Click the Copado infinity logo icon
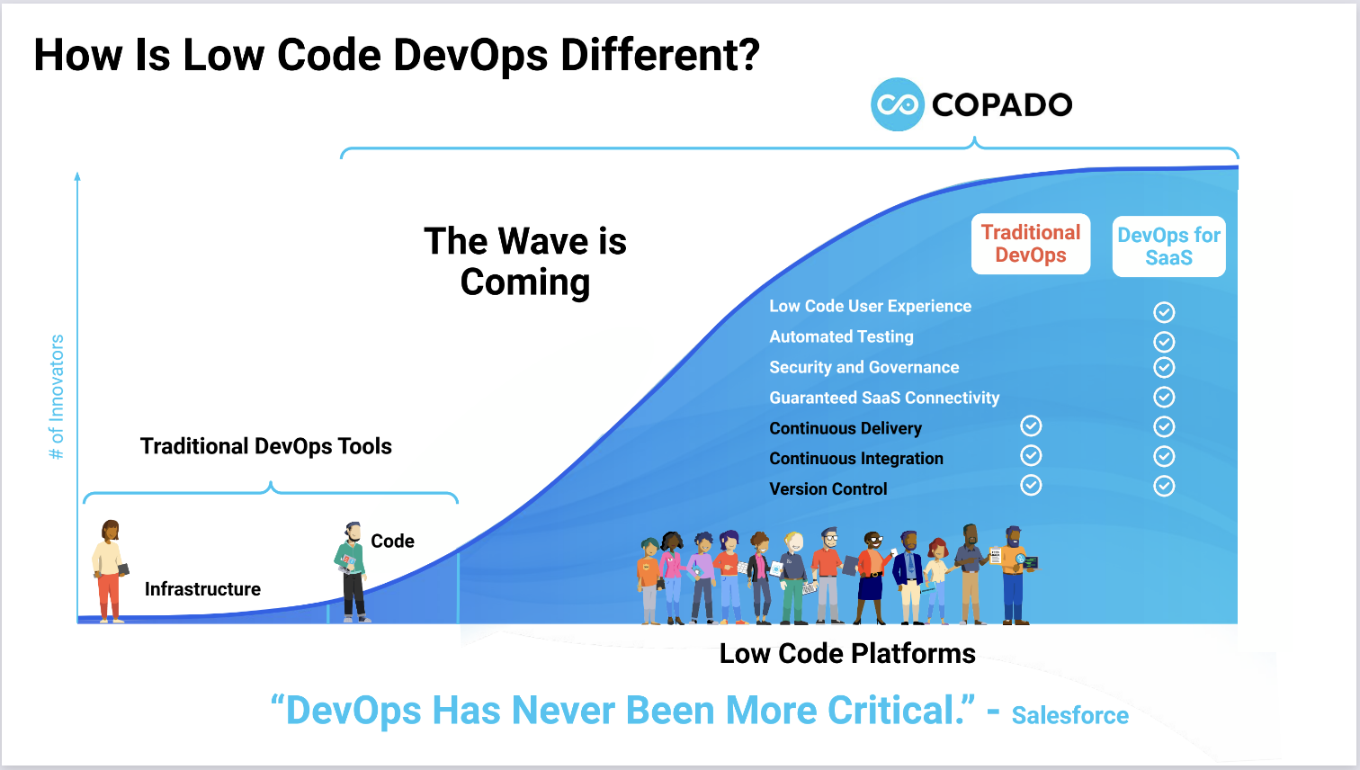coord(897,104)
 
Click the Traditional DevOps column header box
coord(1031,244)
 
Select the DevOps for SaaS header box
coord(1168,246)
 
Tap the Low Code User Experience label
coord(870,306)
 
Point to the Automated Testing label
coord(841,336)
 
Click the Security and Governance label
coord(863,367)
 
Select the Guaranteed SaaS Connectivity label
coord(884,398)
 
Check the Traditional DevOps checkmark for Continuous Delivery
coord(1031,425)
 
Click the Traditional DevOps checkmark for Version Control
coord(1031,486)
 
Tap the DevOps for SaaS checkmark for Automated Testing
coord(1164,342)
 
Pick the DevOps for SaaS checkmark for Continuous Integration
coord(1164,456)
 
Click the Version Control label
coord(828,489)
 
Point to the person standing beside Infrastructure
coord(109,571)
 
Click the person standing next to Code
coord(353,572)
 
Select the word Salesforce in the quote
coord(1069,715)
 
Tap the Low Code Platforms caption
coord(847,653)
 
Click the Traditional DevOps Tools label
coord(266,446)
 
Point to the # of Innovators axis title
coord(57,397)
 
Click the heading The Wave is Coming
coord(525,262)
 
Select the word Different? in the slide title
coord(660,55)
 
